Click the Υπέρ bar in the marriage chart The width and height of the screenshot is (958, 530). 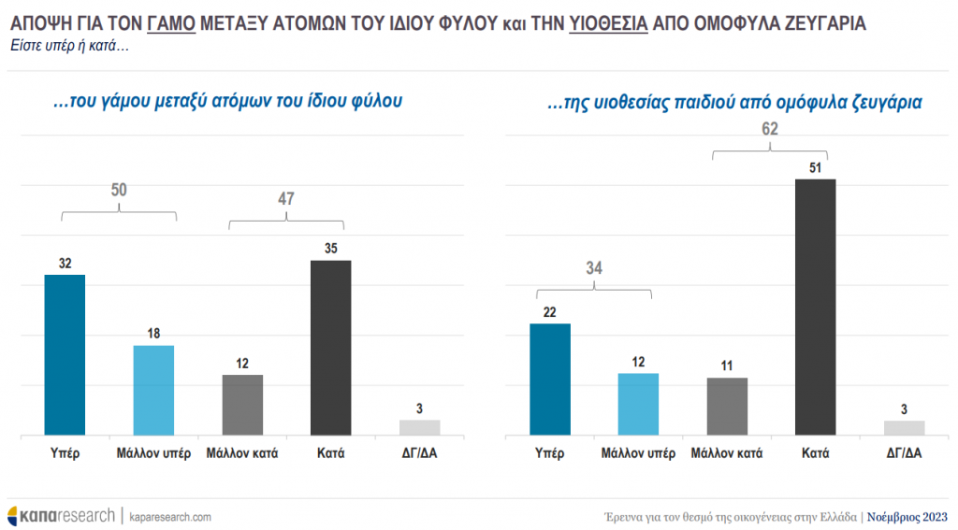pyautogui.click(x=65, y=355)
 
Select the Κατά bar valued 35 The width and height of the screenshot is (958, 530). pyautogui.click(x=330, y=348)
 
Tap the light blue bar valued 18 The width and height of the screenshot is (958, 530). pyautogui.click(x=153, y=391)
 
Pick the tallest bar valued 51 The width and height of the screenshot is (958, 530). pyautogui.click(x=814, y=307)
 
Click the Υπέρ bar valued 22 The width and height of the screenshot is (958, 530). pyautogui.click(x=550, y=380)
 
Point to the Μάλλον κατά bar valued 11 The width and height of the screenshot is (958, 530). pyautogui.click(x=726, y=407)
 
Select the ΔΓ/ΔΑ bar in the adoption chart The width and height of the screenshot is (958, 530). pyautogui.click(x=904, y=428)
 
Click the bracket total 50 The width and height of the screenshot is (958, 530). pyautogui.click(x=119, y=191)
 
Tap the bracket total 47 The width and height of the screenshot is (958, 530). pyautogui.click(x=285, y=198)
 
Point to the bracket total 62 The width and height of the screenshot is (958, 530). pyautogui.click(x=770, y=130)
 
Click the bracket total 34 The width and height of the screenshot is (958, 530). pyautogui.click(x=594, y=268)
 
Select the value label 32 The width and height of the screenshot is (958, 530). pyautogui.click(x=65, y=264)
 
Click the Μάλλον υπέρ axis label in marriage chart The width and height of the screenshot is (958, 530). pyautogui.click(x=154, y=454)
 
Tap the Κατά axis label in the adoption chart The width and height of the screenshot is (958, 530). pyautogui.click(x=814, y=454)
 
